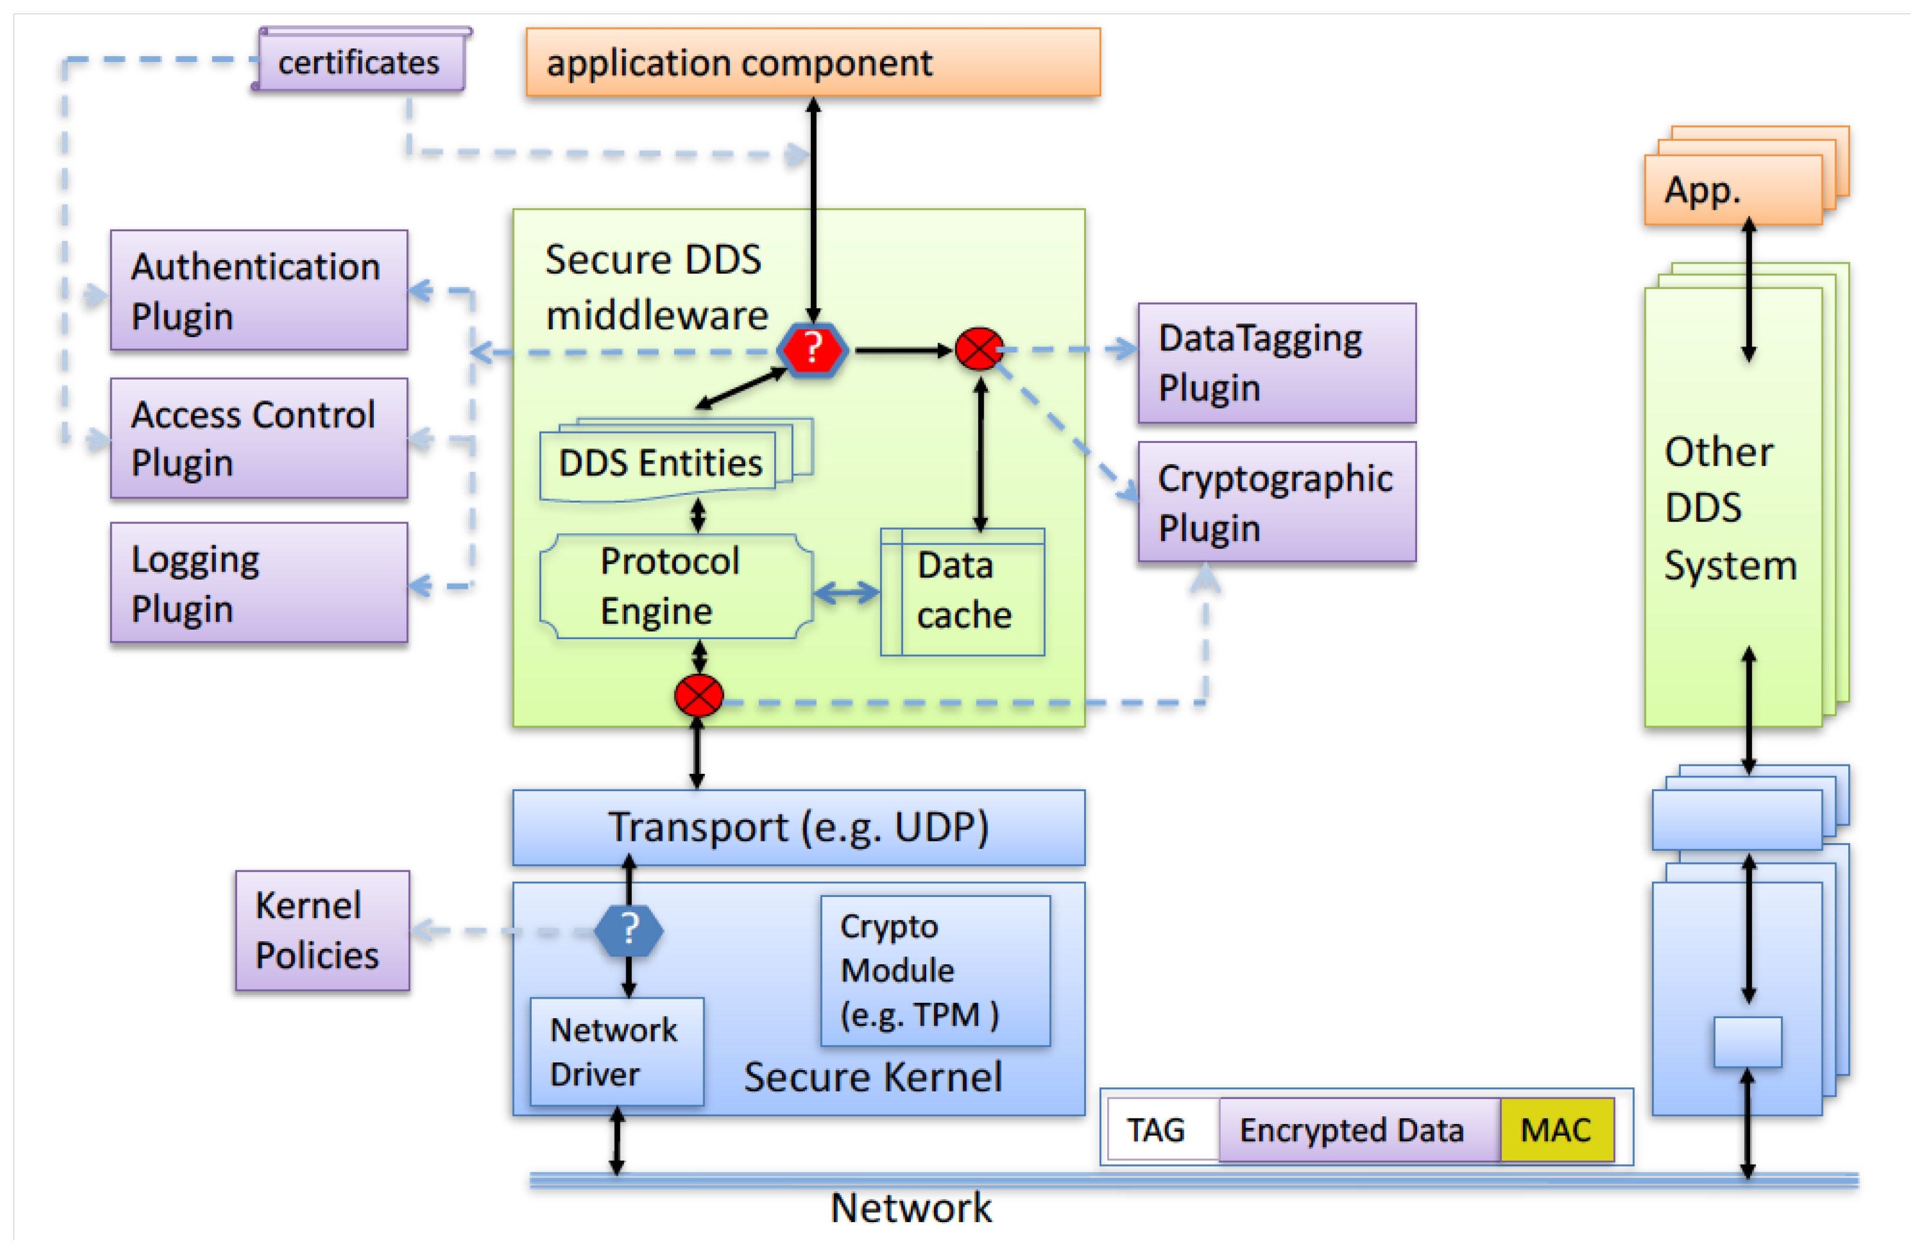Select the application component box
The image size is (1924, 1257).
click(x=813, y=62)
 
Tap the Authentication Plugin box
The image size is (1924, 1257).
click(x=258, y=290)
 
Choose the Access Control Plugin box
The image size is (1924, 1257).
click(x=258, y=438)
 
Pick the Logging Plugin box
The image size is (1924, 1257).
click(x=258, y=583)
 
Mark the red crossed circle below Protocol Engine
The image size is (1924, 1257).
click(x=699, y=696)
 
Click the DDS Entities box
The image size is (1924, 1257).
click(x=659, y=463)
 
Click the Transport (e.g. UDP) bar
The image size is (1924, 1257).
click(x=798, y=827)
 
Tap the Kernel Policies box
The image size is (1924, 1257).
click(x=322, y=931)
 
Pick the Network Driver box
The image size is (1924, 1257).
click(x=616, y=1051)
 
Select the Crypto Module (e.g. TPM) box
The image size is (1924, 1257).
click(x=935, y=970)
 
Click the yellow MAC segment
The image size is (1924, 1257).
click(x=1556, y=1129)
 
